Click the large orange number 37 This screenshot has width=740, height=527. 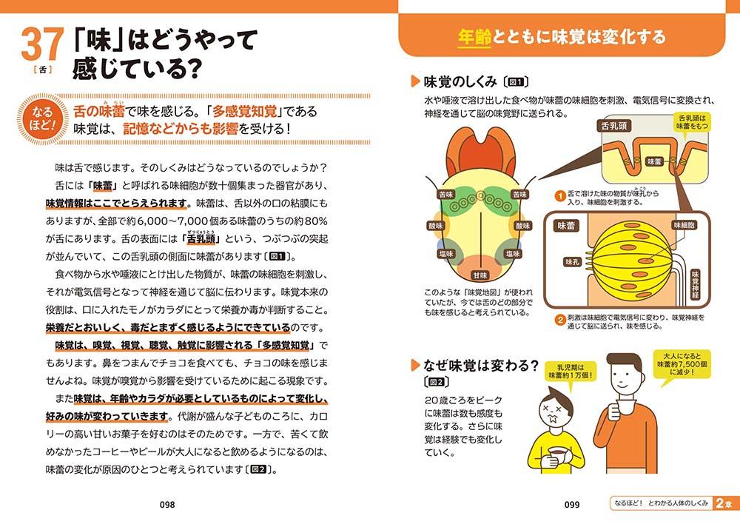point(42,44)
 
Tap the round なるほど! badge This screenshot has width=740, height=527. point(41,118)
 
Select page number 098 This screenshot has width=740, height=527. point(167,504)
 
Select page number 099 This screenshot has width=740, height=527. point(571,504)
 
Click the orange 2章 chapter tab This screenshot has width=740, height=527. point(726,503)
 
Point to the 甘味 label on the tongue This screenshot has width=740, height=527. point(480,275)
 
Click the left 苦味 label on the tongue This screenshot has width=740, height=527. point(446,195)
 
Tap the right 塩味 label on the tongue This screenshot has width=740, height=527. point(513,254)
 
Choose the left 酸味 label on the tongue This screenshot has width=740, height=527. point(436,226)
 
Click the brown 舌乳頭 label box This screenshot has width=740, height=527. point(614,126)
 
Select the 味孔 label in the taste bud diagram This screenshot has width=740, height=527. point(572,261)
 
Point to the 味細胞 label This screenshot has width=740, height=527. point(684,225)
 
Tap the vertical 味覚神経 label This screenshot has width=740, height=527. point(695,285)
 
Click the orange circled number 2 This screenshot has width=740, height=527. point(560,320)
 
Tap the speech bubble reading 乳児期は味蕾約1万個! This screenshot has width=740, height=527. point(571,372)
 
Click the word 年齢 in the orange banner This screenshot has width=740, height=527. point(475,36)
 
